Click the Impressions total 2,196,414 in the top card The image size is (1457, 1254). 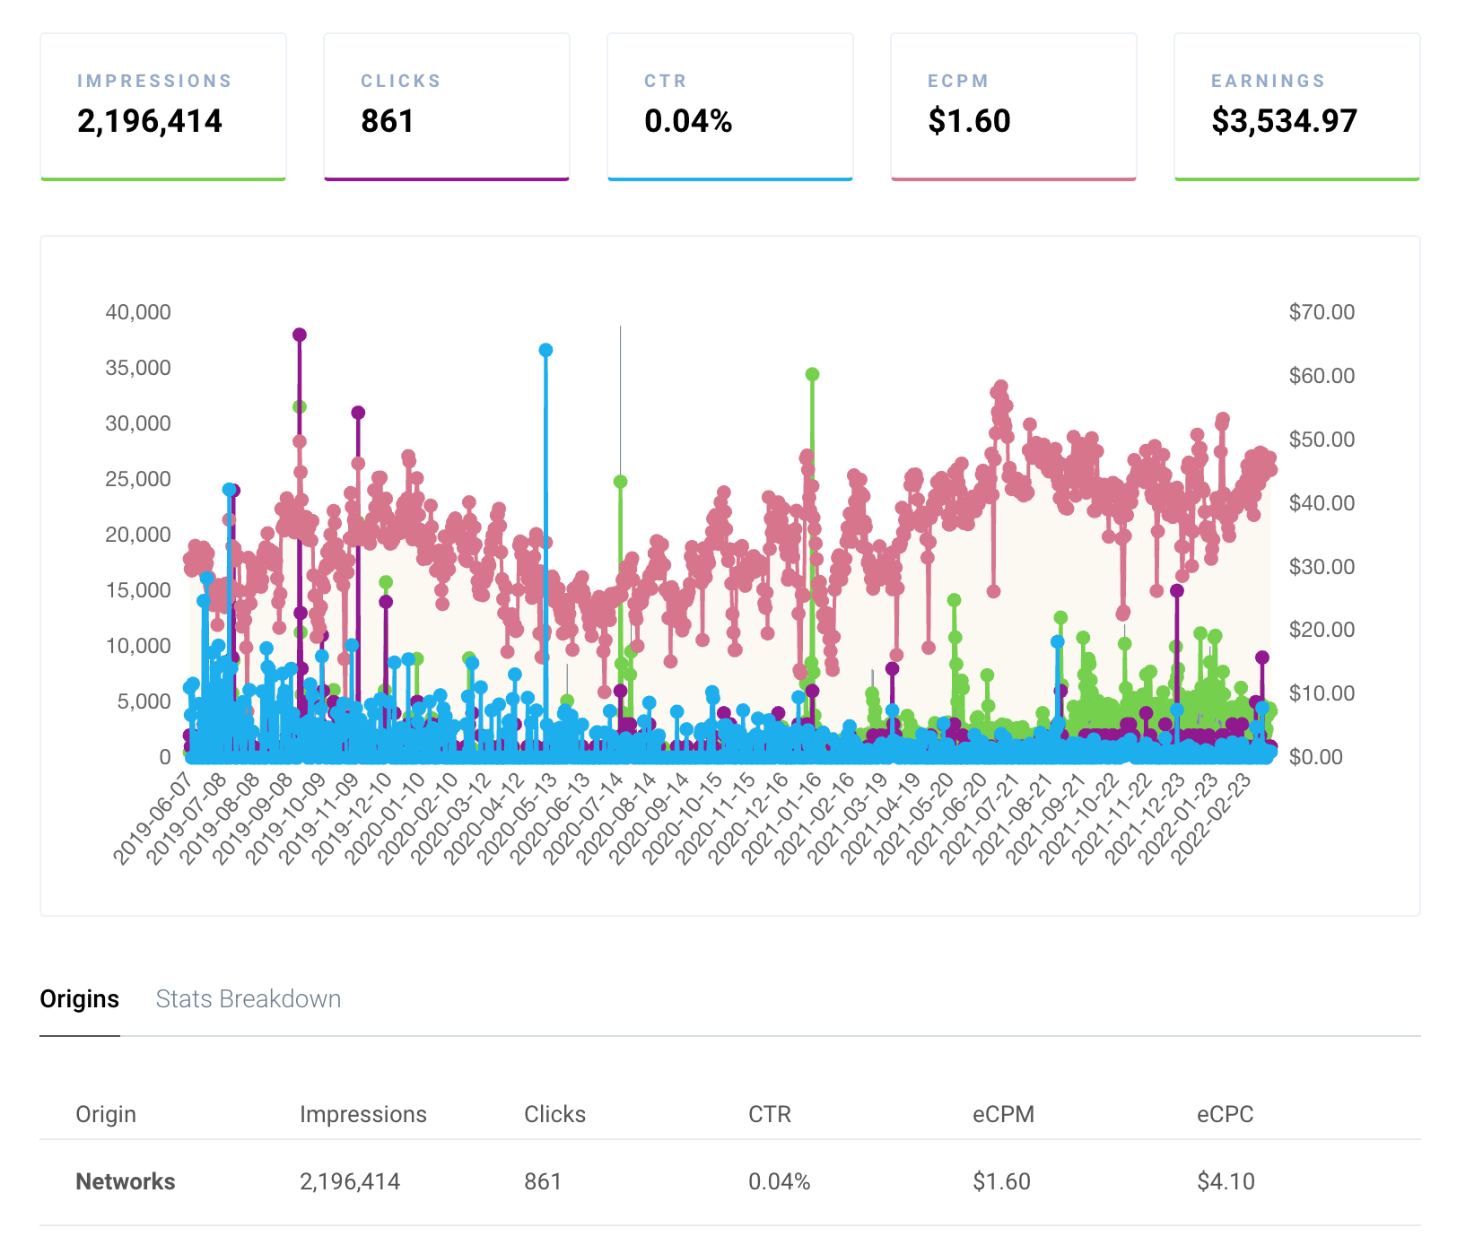(150, 121)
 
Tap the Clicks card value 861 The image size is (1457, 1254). (388, 121)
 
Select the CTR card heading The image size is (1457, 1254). (666, 81)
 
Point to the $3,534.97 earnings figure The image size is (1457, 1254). (1284, 121)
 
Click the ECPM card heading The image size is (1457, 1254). (958, 81)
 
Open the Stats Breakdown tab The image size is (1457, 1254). (249, 998)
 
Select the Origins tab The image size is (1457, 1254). (79, 998)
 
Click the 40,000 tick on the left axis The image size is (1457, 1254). (138, 312)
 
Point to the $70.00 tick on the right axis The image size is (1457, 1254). (1322, 312)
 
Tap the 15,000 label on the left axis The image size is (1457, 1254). (138, 590)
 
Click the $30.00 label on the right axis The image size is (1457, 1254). (1322, 566)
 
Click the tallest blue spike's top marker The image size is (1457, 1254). (545, 350)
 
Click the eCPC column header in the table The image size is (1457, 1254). (1225, 1114)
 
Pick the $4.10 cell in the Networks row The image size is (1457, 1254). (1226, 1181)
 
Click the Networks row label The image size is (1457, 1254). (126, 1181)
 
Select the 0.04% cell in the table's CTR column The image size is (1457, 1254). (779, 1181)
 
